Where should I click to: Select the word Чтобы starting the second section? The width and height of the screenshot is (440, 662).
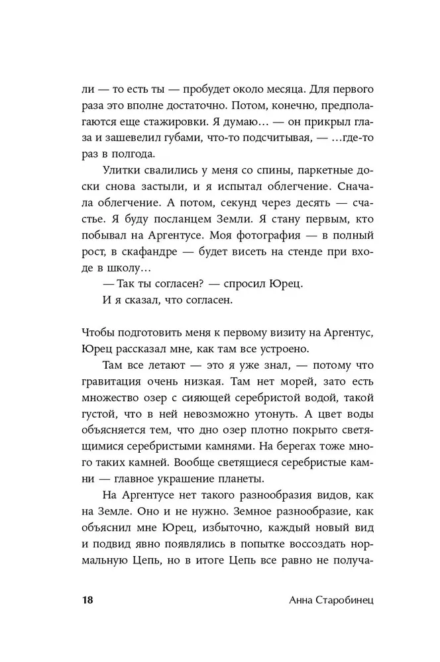tap(98, 331)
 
